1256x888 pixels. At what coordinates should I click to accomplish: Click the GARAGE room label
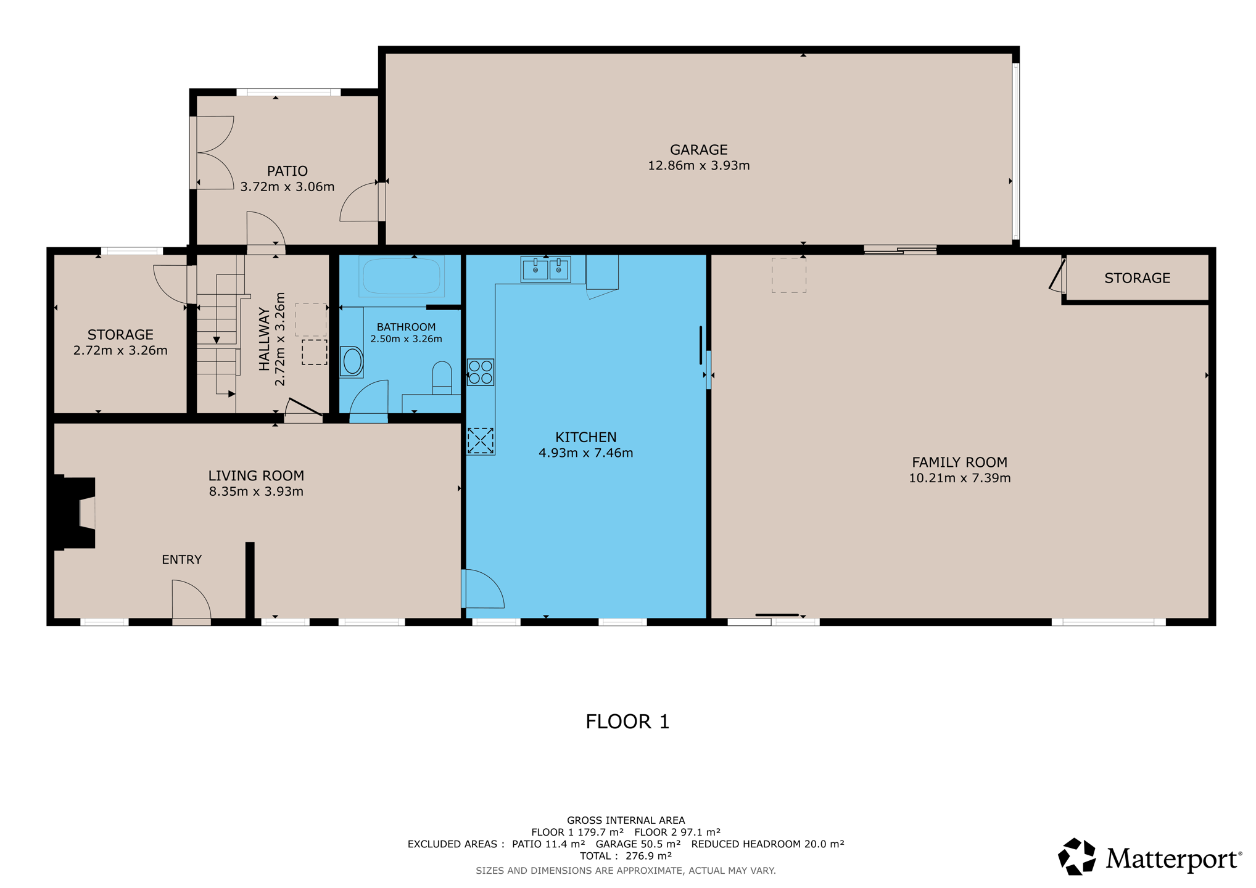[x=698, y=150]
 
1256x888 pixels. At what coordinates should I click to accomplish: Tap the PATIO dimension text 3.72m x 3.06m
[x=287, y=187]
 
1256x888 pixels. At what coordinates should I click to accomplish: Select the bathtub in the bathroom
[x=402, y=276]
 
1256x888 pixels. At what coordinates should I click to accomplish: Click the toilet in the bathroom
[x=442, y=377]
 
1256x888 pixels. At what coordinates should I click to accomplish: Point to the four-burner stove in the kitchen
[x=480, y=372]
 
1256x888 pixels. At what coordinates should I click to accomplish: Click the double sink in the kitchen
[x=546, y=269]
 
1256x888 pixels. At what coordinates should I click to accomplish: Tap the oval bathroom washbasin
[x=352, y=361]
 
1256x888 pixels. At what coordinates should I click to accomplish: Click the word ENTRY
[x=181, y=559]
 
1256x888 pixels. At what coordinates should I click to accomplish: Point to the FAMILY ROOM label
[x=959, y=462]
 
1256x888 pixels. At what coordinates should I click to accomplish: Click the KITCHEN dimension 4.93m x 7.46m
[x=585, y=453]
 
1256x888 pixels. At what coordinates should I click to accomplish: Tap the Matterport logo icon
[x=1076, y=857]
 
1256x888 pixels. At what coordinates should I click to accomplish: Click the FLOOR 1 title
[x=627, y=721]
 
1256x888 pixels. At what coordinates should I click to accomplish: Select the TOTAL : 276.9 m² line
[x=626, y=856]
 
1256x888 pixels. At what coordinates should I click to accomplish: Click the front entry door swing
[x=191, y=599]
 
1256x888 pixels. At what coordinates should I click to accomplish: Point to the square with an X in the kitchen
[x=481, y=441]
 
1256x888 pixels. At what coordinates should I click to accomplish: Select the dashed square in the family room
[x=789, y=275]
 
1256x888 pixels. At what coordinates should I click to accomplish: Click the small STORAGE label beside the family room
[x=1137, y=278]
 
